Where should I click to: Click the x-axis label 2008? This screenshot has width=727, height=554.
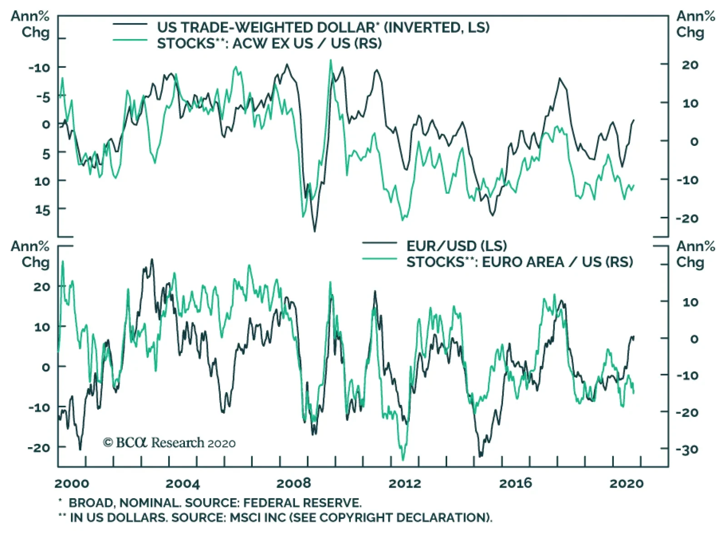pos(294,483)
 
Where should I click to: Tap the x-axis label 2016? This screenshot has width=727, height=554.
pos(516,483)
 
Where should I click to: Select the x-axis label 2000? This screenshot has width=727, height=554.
pos(72,483)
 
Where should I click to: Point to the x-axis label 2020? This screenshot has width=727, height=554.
pos(627,483)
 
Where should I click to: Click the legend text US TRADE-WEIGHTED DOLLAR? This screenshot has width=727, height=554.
pos(266,27)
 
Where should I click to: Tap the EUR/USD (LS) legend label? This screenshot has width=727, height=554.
pos(456,246)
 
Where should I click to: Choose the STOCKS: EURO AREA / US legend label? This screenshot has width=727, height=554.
pos(519,262)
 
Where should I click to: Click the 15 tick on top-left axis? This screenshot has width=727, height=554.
pos(42,210)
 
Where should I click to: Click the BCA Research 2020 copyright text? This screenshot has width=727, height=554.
pos(169,443)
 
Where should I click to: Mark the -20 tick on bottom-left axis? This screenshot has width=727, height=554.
pos(39,448)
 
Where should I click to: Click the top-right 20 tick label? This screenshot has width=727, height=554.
pos(690,65)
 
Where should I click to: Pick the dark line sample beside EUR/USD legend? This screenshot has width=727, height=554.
pos(379,244)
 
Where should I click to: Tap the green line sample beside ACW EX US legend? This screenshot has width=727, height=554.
pos(130,40)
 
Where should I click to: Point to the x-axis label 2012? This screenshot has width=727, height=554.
pos(404,483)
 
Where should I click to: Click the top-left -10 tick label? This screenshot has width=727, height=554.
pos(39,68)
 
